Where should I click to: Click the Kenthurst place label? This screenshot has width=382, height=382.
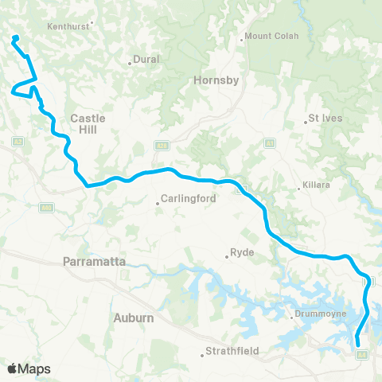pos(70,25)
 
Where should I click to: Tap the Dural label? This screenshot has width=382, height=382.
pos(147,59)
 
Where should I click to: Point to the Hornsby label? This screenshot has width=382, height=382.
pos(212,80)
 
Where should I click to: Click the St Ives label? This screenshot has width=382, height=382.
pos(325,121)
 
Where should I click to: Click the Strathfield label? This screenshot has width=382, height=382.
pos(231,350)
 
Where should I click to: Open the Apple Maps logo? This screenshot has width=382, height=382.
pos(29,368)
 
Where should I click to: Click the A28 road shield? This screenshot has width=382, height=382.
pos(162,146)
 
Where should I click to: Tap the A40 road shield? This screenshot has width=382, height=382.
pos(46,208)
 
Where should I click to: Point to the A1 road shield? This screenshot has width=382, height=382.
pos(270,143)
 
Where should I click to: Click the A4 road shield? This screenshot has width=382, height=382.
pos(362,354)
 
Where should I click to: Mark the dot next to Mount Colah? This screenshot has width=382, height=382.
pos(242,40)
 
